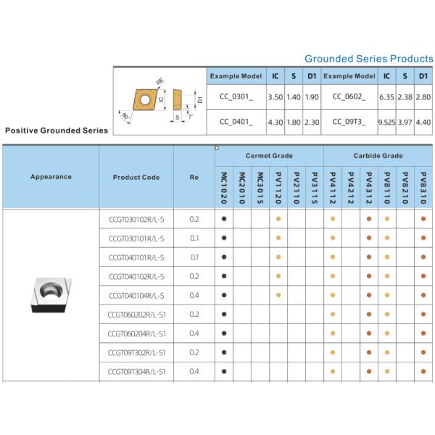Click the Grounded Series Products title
(369, 58)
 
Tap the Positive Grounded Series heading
(57, 130)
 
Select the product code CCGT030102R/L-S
(136, 219)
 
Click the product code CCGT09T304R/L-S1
(136, 371)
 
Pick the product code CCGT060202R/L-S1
(136, 314)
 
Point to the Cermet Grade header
(269, 156)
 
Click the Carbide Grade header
(378, 156)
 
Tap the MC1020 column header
(224, 187)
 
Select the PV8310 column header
(423, 187)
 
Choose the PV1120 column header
(278, 187)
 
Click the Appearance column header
(51, 177)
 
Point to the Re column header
(194, 177)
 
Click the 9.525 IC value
(386, 122)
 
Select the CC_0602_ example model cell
(349, 96)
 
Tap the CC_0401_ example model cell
(236, 122)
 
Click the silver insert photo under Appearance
(50, 295)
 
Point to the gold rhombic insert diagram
(143, 99)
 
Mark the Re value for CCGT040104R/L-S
(194, 295)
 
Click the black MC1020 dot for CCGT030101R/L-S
(224, 238)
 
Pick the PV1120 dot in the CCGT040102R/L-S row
(278, 276)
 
